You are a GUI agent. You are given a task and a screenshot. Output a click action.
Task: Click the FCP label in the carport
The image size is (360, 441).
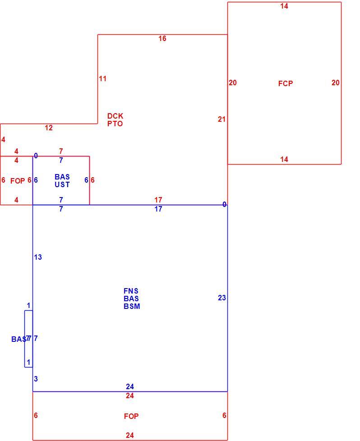click(x=286, y=83)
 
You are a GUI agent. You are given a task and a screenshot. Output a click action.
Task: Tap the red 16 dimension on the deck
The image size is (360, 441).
click(x=162, y=38)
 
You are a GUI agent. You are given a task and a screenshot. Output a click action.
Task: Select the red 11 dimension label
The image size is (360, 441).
click(x=103, y=79)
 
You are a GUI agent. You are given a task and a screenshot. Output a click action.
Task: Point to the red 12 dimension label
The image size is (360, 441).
click(x=49, y=128)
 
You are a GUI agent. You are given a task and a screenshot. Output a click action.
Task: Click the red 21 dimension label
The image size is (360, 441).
click(x=222, y=119)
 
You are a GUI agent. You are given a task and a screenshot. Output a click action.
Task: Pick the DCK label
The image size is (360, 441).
click(x=115, y=116)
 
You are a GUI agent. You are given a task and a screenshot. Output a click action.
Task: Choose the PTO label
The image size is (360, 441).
click(x=115, y=124)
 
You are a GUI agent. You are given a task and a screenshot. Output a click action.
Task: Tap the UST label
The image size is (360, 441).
click(x=62, y=185)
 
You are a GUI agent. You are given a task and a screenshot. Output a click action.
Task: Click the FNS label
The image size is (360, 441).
click(x=131, y=291)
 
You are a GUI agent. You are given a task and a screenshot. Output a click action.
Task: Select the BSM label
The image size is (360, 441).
click(x=132, y=307)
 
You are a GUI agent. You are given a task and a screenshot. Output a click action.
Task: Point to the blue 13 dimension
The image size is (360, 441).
click(x=38, y=257)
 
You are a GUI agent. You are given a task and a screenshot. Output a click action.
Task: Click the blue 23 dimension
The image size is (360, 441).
click(x=222, y=298)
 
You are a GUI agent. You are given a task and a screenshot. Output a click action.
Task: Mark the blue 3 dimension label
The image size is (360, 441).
click(x=36, y=379)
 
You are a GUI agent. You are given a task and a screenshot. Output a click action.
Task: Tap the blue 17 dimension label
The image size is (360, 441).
click(x=158, y=209)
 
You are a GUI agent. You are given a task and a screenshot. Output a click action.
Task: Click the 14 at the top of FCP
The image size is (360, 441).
click(x=284, y=6)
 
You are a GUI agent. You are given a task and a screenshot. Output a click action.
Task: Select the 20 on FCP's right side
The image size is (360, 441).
click(x=336, y=83)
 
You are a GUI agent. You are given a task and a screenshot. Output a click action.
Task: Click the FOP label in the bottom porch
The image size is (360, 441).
click(x=131, y=416)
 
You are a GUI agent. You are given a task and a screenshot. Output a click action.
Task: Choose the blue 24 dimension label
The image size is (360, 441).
click(x=130, y=387)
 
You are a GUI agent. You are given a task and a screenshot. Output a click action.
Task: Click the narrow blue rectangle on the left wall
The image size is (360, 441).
click(x=25, y=339)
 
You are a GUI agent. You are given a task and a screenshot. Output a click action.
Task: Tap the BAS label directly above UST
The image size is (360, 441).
click(x=62, y=177)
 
